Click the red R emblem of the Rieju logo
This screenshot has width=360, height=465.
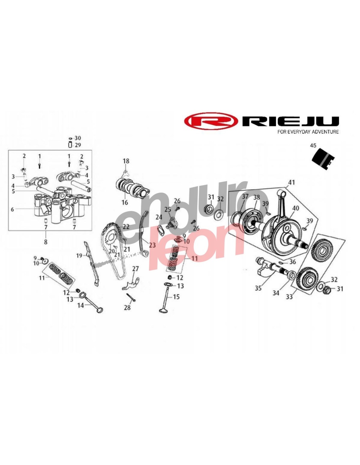point(211,122)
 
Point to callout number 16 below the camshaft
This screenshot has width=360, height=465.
point(125,202)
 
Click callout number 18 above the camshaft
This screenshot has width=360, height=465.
point(126,161)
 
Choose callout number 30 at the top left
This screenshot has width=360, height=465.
point(78,138)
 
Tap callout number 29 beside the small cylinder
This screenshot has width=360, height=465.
point(78,145)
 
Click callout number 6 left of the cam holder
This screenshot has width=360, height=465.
point(12,209)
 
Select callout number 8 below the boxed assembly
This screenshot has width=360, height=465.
point(45,242)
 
